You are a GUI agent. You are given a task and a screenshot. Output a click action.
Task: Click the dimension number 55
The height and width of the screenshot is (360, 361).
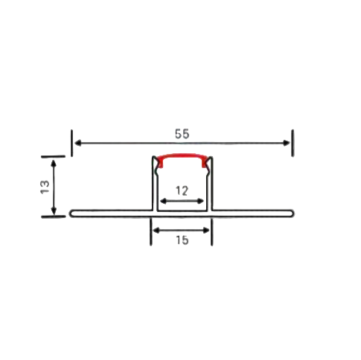click(x=182, y=134)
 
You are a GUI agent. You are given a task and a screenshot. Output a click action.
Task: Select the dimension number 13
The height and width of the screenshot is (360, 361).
click(x=45, y=186)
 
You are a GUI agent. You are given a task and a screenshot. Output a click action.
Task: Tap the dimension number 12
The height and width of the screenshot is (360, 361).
click(x=182, y=190)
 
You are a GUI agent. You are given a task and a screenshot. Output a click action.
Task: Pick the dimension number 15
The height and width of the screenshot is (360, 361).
click(x=182, y=240)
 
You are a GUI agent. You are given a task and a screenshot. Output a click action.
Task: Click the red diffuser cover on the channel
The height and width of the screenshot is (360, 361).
click(x=182, y=158)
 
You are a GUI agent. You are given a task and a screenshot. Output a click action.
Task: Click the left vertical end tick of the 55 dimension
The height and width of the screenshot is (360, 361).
click(x=72, y=143)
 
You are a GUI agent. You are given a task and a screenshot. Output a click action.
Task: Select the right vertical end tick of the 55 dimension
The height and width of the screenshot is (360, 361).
click(x=292, y=143)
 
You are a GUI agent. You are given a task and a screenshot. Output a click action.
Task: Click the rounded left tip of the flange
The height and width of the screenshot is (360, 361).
click(x=71, y=213)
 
